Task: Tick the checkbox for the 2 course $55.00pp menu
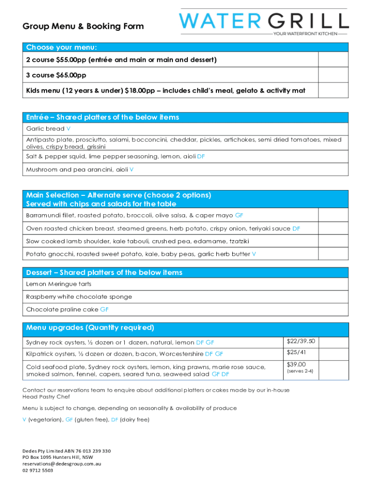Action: coord(333,60)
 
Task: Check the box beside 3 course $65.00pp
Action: coord(333,75)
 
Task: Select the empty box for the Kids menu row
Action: coord(333,91)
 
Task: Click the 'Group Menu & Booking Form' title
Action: coord(83,26)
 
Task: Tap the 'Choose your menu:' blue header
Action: coord(62,47)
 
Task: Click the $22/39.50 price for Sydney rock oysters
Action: coord(301,342)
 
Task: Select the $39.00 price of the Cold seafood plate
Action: coord(297,365)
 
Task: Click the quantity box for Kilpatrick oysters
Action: coord(334,354)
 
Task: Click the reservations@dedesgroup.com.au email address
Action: coord(62,464)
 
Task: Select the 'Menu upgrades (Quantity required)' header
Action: coord(90,328)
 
